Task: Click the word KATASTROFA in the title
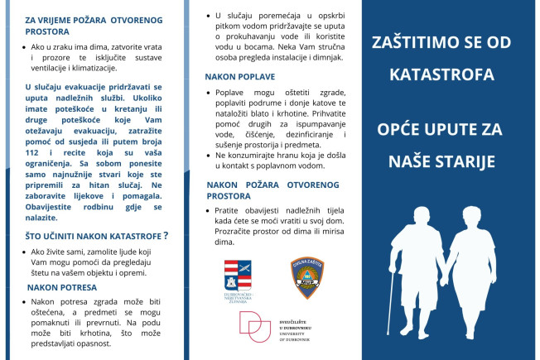449,75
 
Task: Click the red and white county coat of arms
237,275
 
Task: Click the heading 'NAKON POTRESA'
62,287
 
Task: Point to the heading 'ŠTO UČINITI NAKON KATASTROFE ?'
97,235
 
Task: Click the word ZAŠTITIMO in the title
417,41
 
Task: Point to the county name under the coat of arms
239,297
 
